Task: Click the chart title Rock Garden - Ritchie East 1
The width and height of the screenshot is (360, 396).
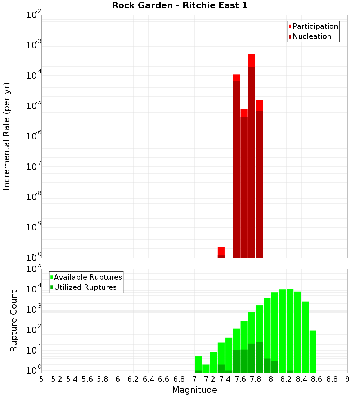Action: pyautogui.click(x=180, y=6)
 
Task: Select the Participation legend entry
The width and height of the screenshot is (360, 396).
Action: pyautogui.click(x=315, y=26)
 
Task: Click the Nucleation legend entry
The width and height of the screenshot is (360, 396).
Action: pyautogui.click(x=312, y=36)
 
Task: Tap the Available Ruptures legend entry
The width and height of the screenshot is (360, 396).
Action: pyautogui.click(x=88, y=277)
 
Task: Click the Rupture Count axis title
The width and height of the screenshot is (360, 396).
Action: pyautogui.click(x=14, y=321)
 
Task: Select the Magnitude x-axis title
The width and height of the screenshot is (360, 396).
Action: pyautogui.click(x=194, y=390)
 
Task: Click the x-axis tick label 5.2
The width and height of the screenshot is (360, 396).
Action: pyautogui.click(x=57, y=379)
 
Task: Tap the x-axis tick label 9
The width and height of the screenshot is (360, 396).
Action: pyautogui.click(x=347, y=379)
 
